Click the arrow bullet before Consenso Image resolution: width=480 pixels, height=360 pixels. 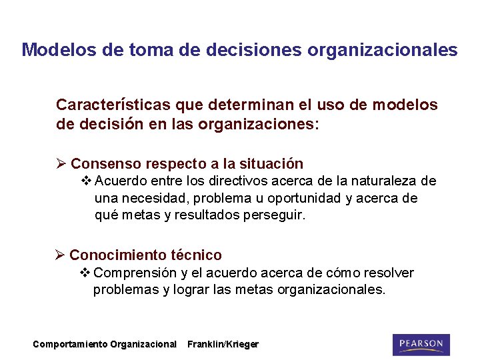[x=61, y=164]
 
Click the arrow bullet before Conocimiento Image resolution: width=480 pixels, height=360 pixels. [x=60, y=255]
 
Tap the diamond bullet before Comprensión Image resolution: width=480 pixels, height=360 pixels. [x=85, y=273]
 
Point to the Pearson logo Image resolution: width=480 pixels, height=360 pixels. [x=421, y=344]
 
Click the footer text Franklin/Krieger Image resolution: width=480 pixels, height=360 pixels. [x=223, y=345]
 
